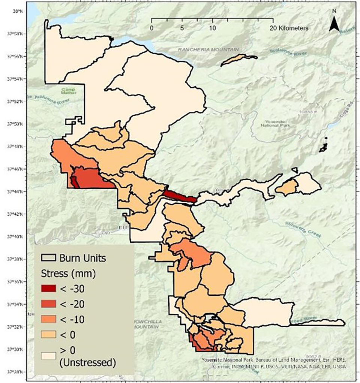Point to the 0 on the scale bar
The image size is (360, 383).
(x=151, y=28)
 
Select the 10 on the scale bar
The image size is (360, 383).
(x=213, y=28)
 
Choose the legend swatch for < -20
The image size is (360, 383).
(x=49, y=304)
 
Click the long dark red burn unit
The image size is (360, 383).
(x=180, y=196)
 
